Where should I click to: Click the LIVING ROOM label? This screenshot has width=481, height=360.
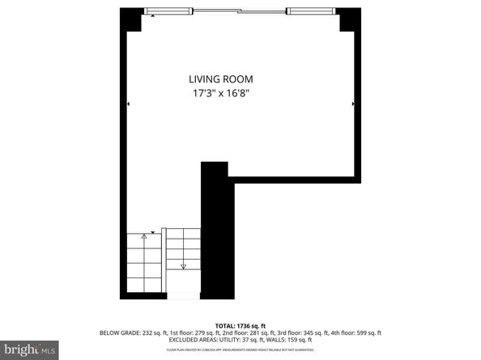click(x=221, y=79)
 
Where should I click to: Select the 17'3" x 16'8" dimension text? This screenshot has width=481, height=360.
click(x=221, y=93)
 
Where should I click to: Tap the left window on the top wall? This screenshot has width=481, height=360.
click(x=170, y=11)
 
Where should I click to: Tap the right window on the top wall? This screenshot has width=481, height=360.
click(x=310, y=11)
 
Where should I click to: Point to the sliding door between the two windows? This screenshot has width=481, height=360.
click(x=240, y=11)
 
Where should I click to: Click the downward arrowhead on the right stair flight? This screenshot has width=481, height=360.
click(x=184, y=265)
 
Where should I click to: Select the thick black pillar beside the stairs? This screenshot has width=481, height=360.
click(x=215, y=231)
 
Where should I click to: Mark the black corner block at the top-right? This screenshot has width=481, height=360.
click(x=350, y=20)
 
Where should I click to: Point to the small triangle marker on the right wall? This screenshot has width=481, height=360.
click(x=353, y=104)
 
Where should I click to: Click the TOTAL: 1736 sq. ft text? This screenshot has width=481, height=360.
click(x=240, y=324)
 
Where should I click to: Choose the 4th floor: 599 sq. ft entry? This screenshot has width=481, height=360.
click(x=356, y=332)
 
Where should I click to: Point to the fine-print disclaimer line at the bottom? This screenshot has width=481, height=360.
click(x=240, y=349)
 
